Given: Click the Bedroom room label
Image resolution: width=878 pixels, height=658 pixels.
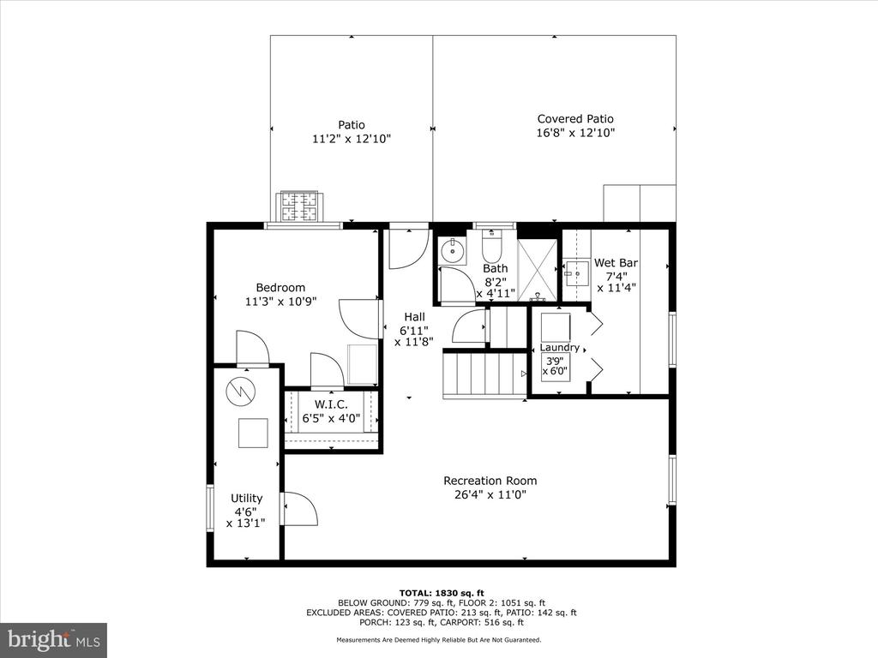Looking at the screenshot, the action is click(x=280, y=288).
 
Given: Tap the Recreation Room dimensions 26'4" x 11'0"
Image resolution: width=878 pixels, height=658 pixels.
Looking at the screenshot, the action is click(x=490, y=494).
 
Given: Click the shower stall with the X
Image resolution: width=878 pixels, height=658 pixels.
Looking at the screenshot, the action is click(x=538, y=270).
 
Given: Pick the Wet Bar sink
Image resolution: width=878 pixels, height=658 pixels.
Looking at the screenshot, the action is click(x=575, y=273).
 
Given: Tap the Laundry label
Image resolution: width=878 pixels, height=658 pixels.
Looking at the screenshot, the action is click(x=559, y=348).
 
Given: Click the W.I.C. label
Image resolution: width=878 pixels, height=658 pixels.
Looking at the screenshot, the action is click(x=331, y=404).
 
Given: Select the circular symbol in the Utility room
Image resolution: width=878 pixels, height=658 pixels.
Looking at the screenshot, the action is click(x=240, y=391).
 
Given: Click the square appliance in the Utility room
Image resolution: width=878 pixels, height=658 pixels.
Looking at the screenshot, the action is click(x=253, y=433).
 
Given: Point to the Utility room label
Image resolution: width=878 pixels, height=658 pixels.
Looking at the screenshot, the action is click(x=247, y=498).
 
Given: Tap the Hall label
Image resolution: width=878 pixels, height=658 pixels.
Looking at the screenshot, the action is click(x=414, y=317).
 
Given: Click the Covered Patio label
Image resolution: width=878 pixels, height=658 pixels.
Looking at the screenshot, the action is click(x=575, y=118).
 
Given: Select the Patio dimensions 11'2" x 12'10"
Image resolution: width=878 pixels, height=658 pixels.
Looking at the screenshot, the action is click(x=352, y=139).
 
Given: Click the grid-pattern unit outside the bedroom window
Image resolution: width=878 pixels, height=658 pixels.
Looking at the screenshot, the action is click(x=299, y=206).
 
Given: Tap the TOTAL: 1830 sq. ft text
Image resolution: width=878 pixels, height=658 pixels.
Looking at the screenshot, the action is click(x=442, y=593).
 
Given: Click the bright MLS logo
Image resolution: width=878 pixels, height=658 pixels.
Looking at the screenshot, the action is click(x=54, y=639).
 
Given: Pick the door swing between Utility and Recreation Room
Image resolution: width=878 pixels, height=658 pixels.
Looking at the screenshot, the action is click(x=301, y=509).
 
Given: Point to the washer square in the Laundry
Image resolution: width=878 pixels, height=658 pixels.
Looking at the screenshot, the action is click(x=556, y=327).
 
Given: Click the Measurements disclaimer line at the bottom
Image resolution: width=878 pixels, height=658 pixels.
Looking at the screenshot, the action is click(x=439, y=639).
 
